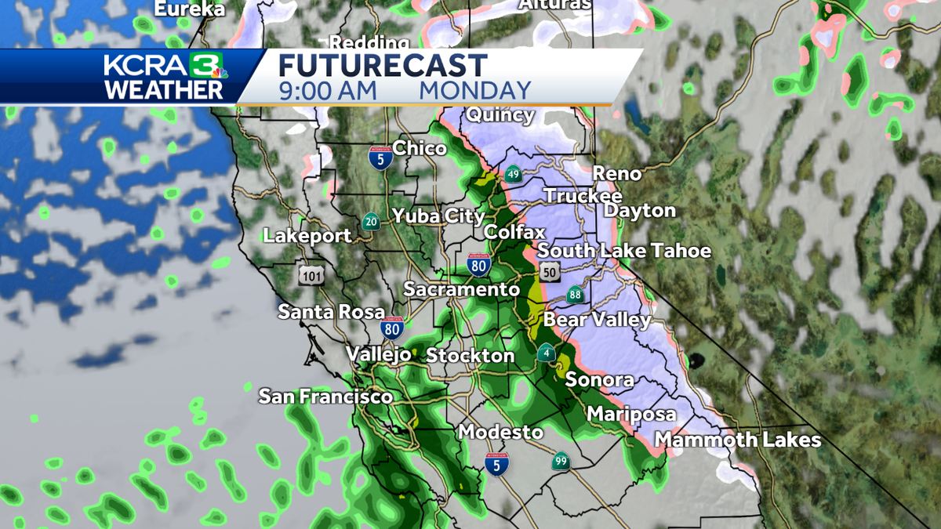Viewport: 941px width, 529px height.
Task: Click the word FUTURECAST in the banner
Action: (x=383, y=65)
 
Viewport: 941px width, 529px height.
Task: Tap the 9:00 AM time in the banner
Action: (x=328, y=90)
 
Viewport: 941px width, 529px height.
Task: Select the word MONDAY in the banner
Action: (x=475, y=90)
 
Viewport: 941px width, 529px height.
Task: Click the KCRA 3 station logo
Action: (x=165, y=76)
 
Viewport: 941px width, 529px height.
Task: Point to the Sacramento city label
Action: (x=461, y=289)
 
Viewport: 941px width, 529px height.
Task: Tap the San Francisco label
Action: (x=325, y=397)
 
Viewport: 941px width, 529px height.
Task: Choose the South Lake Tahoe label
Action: (x=624, y=251)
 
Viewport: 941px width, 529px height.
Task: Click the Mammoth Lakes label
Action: (x=738, y=440)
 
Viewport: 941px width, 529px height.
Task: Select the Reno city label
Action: (x=616, y=173)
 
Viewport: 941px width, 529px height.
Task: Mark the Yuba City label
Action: (x=438, y=216)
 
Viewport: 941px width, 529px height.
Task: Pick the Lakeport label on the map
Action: (x=307, y=235)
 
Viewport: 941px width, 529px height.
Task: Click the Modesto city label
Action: (x=500, y=432)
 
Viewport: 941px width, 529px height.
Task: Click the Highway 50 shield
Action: (x=548, y=272)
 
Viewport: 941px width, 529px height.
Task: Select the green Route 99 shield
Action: (x=560, y=461)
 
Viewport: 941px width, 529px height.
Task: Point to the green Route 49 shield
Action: (x=513, y=175)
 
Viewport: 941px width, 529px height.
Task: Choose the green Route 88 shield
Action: (x=576, y=295)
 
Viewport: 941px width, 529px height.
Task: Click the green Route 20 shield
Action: (x=371, y=222)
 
